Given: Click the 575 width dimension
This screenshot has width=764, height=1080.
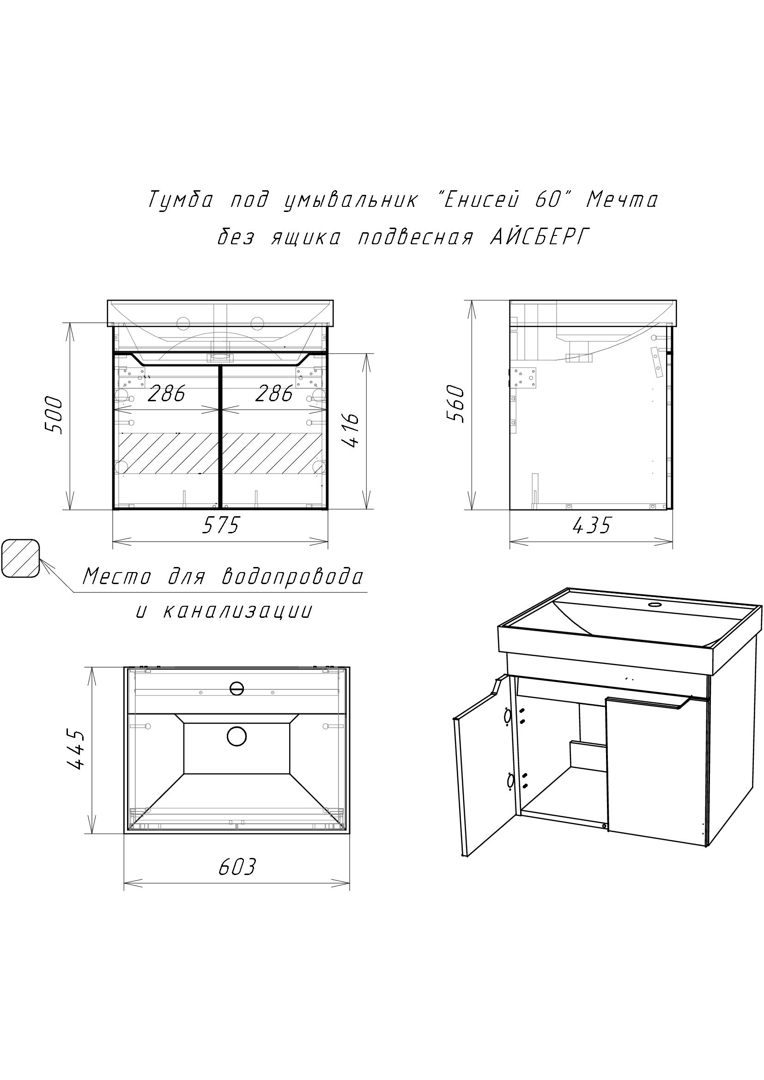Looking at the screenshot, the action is pyautogui.click(x=221, y=525).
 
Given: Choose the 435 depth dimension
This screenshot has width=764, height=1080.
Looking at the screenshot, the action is pyautogui.click(x=592, y=525).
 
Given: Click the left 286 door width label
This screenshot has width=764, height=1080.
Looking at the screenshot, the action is pyautogui.click(x=167, y=394).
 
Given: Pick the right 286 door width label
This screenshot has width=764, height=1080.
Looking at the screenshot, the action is pyautogui.click(x=274, y=394).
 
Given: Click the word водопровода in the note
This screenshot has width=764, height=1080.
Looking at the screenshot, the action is pyautogui.click(x=292, y=576).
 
